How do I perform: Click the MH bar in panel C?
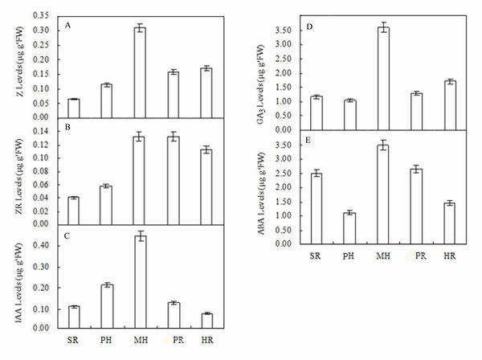(140, 282)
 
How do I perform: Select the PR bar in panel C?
(174, 315)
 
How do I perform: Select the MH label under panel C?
(140, 341)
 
